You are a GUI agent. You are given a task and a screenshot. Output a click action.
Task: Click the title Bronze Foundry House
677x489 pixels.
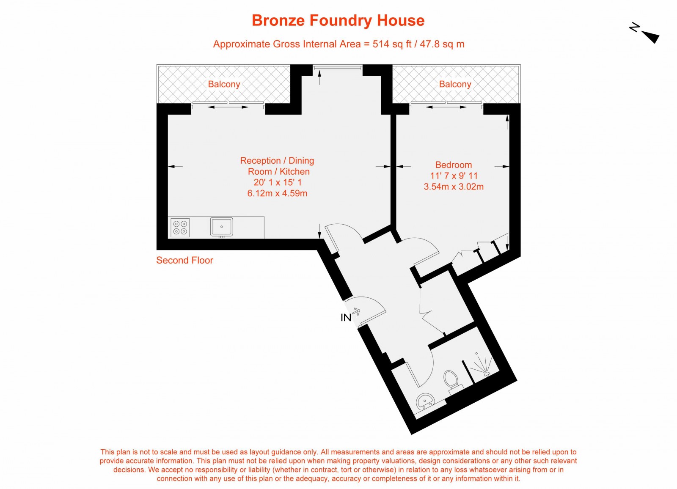click(x=338, y=20)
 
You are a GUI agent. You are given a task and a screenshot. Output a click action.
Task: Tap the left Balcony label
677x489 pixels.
click(x=224, y=84)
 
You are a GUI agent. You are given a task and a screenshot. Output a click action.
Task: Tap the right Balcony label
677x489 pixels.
click(x=455, y=84)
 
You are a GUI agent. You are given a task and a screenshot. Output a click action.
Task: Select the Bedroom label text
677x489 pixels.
click(x=453, y=165)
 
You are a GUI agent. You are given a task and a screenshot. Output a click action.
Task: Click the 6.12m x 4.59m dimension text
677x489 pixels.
click(x=277, y=193)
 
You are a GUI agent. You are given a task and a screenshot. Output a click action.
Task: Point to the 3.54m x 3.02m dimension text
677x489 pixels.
click(x=454, y=187)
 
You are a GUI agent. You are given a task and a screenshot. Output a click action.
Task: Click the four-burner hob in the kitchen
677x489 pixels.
click(x=180, y=228)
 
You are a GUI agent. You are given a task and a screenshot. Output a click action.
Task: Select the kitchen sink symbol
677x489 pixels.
click(x=222, y=227)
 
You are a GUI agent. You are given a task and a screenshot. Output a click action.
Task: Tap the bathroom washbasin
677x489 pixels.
click(x=425, y=400)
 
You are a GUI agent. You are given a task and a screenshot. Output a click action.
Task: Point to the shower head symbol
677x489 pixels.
click(x=482, y=365)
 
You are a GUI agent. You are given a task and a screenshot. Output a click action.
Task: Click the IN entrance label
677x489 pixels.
click(x=346, y=317)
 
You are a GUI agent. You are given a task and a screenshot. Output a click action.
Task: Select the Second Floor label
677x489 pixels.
click(x=184, y=260)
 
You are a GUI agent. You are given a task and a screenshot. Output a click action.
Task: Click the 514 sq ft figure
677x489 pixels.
click(x=392, y=44)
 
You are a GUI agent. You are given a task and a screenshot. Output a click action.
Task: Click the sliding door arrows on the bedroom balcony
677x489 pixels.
click(x=446, y=107)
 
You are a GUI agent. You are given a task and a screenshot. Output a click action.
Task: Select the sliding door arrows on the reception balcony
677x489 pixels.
click(x=228, y=107)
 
